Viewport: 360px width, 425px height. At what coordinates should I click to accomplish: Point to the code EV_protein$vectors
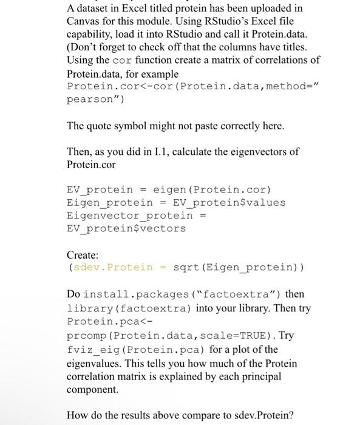click(x=126, y=228)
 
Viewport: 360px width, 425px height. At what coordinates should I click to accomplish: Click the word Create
click(x=81, y=256)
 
